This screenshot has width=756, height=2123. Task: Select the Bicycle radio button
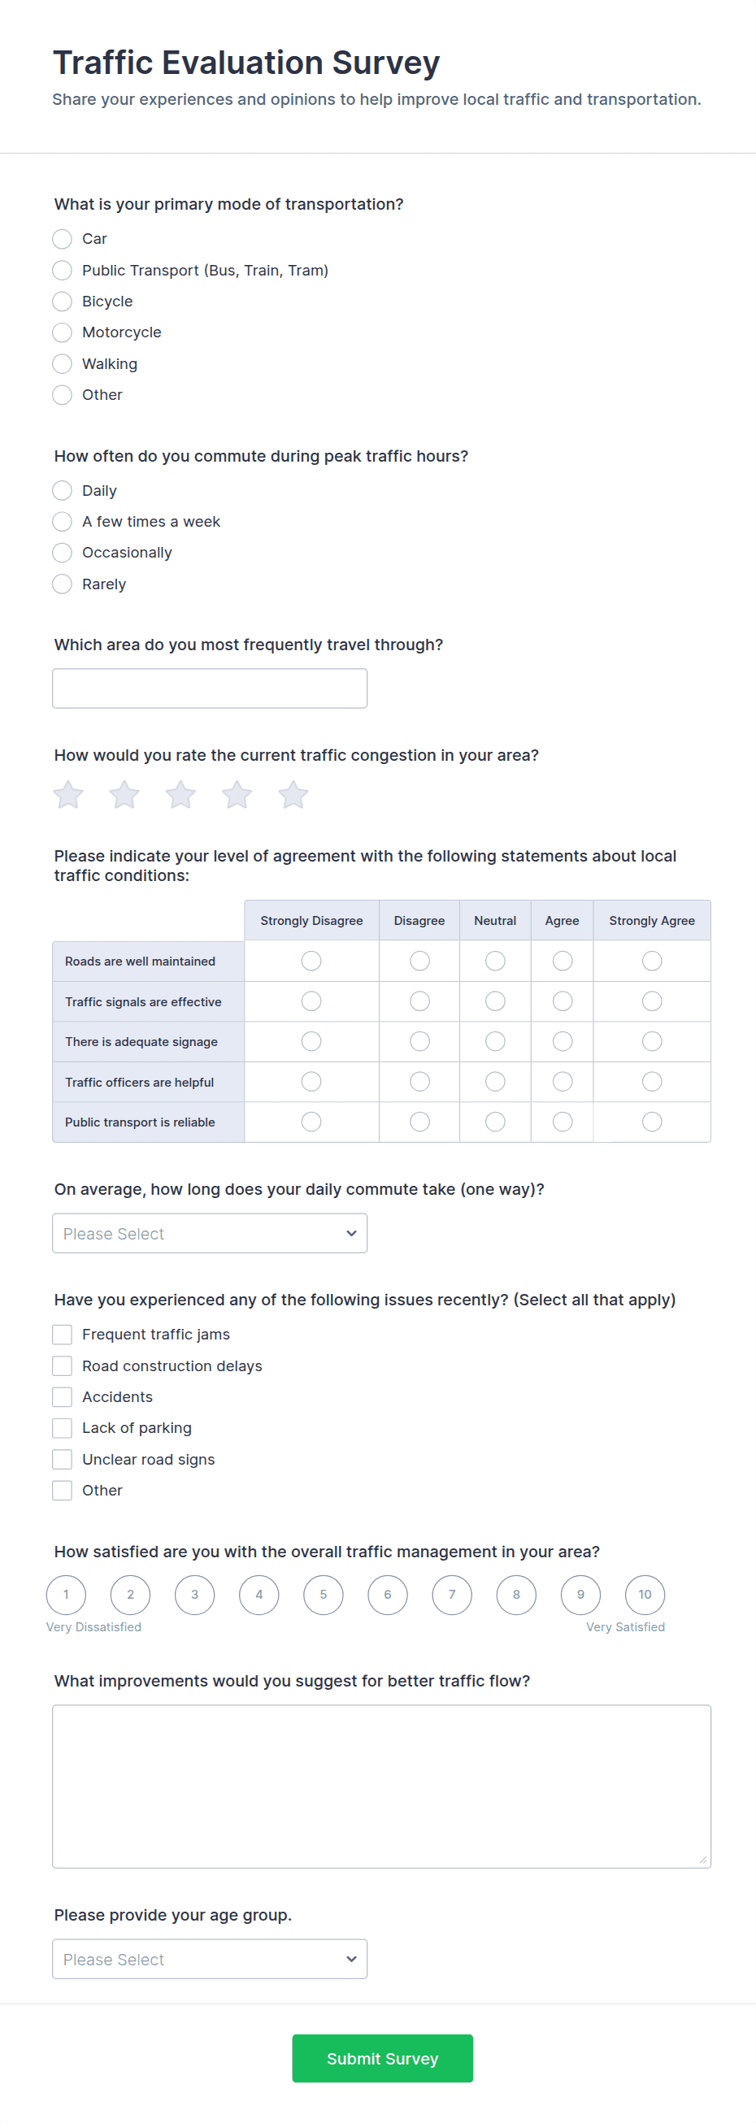[x=62, y=302]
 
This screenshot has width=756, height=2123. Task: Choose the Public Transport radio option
[x=62, y=271]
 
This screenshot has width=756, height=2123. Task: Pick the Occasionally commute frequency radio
[x=62, y=553]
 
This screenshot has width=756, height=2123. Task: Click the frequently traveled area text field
[x=210, y=688]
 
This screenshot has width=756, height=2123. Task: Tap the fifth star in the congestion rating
[x=293, y=795]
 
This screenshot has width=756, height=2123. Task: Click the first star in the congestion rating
[x=68, y=795]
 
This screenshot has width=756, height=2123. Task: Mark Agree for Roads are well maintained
[x=563, y=961]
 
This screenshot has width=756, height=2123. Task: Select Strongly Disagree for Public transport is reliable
[x=311, y=1122]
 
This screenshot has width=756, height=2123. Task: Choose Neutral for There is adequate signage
[x=495, y=1042]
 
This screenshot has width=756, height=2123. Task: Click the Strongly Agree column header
[x=651, y=921]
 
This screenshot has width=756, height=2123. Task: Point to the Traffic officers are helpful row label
[x=139, y=1082]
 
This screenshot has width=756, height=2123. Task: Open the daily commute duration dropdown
[x=210, y=1234]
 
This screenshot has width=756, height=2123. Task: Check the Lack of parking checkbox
[x=62, y=1428]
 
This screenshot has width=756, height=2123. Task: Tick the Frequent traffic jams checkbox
[x=62, y=1335]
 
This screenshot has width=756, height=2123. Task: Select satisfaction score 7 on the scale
[x=452, y=1595]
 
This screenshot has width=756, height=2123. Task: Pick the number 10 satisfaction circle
[x=645, y=1595]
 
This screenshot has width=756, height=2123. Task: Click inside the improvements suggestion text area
[x=381, y=1786]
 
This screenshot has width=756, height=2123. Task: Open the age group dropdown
[x=210, y=1959]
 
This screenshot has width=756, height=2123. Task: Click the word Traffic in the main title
[x=103, y=63]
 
